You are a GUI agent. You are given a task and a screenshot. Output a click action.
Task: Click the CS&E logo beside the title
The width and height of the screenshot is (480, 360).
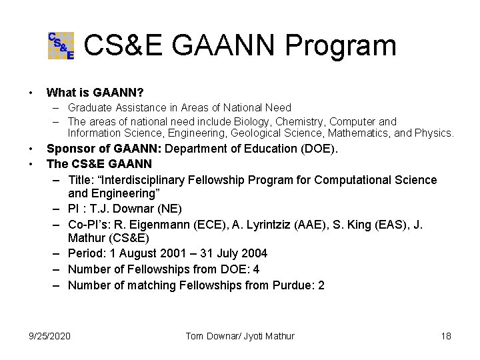(x=61, y=45)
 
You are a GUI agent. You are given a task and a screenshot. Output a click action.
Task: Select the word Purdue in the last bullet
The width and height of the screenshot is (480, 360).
(x=294, y=285)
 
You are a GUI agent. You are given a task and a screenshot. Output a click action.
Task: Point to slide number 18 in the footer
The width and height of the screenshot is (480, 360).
(x=445, y=335)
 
